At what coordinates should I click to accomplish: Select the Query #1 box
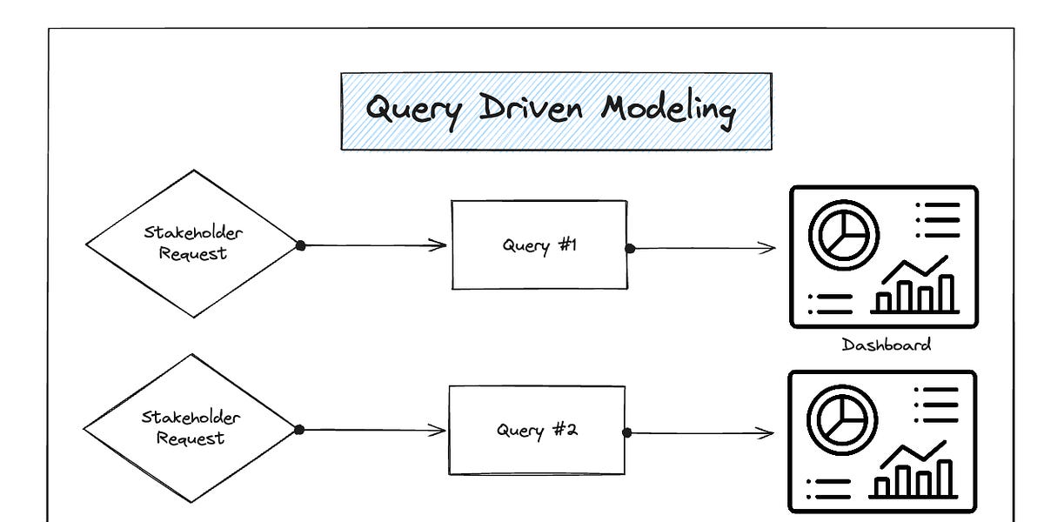[539, 244]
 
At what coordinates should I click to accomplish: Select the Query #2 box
[536, 430]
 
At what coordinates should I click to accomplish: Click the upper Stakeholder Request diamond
[192, 244]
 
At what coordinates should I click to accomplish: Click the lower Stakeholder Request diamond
[191, 428]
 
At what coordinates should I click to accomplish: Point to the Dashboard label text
[886, 345]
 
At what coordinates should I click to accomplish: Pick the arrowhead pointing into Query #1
[439, 245]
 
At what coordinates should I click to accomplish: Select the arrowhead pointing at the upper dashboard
[767, 248]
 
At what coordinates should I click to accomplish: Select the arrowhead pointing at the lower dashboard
[766, 432]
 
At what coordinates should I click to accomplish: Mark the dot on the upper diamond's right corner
[300, 245]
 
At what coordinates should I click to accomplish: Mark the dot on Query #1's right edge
[630, 248]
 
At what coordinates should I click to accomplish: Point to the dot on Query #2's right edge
[627, 432]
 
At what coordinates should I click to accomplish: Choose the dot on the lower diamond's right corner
[299, 430]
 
